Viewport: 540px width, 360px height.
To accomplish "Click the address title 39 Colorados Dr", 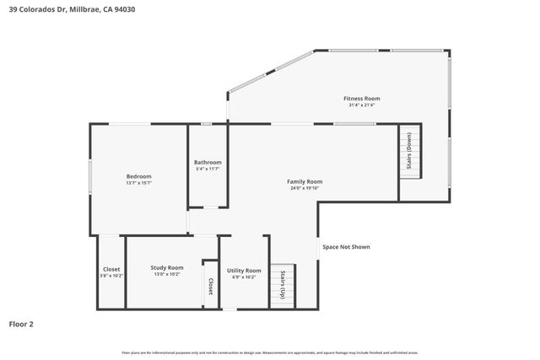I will point(71,10).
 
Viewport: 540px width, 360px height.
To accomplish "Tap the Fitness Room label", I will point(361,99).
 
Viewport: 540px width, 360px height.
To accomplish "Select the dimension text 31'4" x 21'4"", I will point(361,106).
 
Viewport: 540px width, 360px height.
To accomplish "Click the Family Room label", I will point(305,181).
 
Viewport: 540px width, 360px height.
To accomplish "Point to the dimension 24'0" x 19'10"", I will point(305,189).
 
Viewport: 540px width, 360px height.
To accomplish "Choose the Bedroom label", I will point(138,176).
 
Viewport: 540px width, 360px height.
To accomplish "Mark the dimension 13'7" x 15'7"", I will point(138,184).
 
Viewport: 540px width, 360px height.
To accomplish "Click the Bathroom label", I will point(208,162).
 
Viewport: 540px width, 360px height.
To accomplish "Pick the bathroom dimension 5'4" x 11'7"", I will point(208,169).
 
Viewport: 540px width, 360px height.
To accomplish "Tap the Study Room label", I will point(167,267).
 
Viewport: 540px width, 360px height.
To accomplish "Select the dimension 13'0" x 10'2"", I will point(167,275).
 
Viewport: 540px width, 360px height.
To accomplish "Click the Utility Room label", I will point(244,270).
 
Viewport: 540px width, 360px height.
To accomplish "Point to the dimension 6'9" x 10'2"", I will point(244,277).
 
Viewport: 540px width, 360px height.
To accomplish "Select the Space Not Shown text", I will point(346,247).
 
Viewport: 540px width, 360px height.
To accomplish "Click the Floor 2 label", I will point(21,324).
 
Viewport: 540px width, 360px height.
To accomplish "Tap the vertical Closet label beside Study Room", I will point(210,286).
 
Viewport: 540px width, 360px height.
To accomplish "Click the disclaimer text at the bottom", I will point(270,352).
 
